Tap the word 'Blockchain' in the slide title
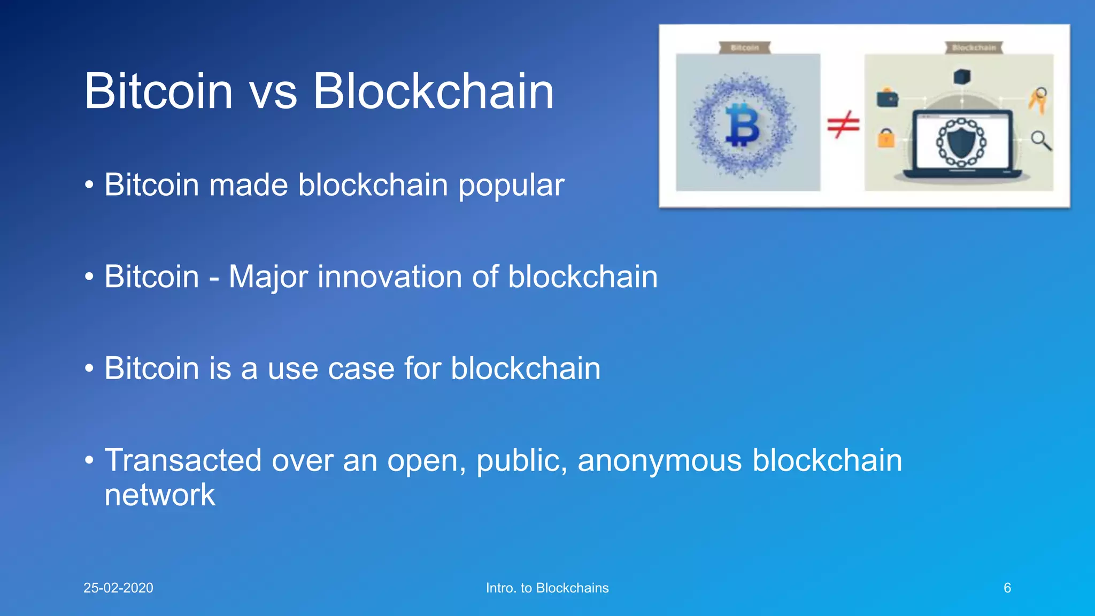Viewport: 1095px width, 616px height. click(433, 92)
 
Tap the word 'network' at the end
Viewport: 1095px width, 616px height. click(159, 495)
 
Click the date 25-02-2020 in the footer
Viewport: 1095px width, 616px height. click(118, 588)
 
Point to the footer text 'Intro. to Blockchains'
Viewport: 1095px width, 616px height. click(547, 588)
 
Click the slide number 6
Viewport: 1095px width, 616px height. click(1007, 588)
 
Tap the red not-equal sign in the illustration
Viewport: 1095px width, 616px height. click(843, 125)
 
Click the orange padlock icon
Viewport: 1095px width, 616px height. click(886, 138)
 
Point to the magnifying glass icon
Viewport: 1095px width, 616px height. click(1040, 141)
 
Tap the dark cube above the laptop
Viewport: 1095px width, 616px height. click(961, 76)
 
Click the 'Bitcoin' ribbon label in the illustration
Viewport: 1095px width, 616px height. click(744, 48)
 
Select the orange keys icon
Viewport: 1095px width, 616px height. click(1038, 100)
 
